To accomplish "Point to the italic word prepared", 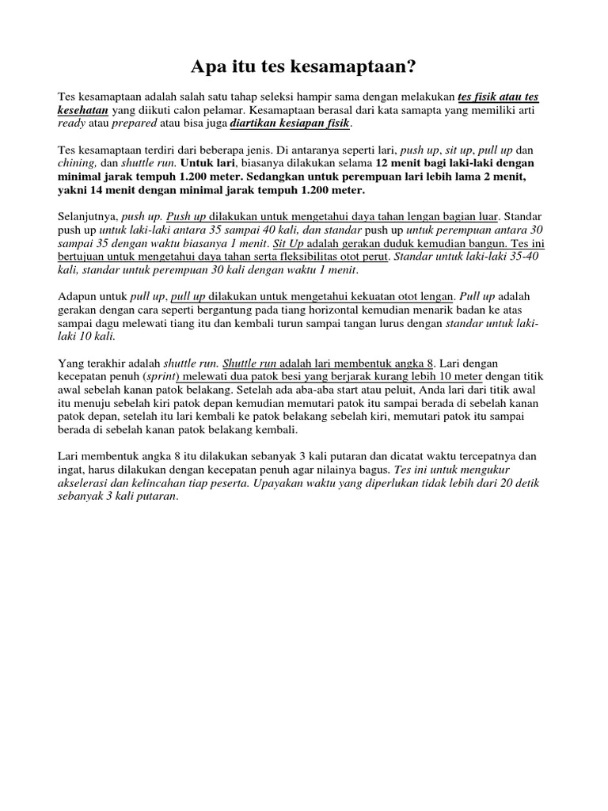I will click(x=135, y=124).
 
